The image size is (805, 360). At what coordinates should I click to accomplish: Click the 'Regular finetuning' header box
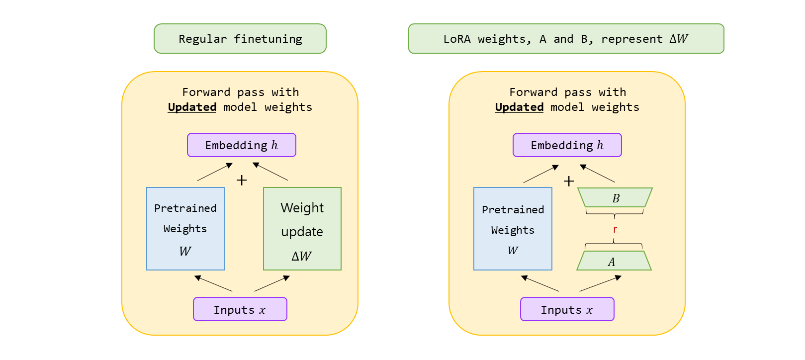pyautogui.click(x=240, y=39)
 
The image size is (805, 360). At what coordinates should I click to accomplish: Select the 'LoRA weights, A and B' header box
pyautogui.click(x=566, y=39)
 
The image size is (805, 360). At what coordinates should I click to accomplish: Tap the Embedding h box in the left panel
pyautogui.click(x=242, y=145)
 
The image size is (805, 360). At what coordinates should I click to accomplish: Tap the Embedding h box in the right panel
pyautogui.click(x=567, y=145)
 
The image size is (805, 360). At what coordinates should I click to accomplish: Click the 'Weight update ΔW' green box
pyautogui.click(x=302, y=229)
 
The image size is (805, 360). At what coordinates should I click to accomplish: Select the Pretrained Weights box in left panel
pyautogui.click(x=185, y=229)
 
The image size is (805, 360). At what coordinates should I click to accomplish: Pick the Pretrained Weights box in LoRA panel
pyautogui.click(x=513, y=229)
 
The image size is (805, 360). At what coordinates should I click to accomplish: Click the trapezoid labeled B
pyautogui.click(x=615, y=198)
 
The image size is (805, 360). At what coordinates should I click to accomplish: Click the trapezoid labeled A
pyautogui.click(x=614, y=261)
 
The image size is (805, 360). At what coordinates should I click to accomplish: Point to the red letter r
pyautogui.click(x=615, y=229)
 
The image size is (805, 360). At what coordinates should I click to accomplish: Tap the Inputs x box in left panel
pyautogui.click(x=240, y=309)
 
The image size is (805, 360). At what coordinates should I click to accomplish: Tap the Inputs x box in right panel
pyautogui.click(x=567, y=309)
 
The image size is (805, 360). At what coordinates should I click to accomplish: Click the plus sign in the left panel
pyautogui.click(x=242, y=180)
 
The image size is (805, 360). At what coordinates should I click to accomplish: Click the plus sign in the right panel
pyautogui.click(x=569, y=181)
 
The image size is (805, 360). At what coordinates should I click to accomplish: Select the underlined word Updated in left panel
pyautogui.click(x=192, y=107)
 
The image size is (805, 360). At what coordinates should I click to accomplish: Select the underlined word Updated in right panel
pyautogui.click(x=519, y=107)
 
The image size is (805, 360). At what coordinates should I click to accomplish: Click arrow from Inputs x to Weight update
pyautogui.click(x=272, y=283)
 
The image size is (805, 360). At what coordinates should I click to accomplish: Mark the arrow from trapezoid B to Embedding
pyautogui.click(x=598, y=174)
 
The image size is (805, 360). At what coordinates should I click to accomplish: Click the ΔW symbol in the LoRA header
pyautogui.click(x=679, y=39)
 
